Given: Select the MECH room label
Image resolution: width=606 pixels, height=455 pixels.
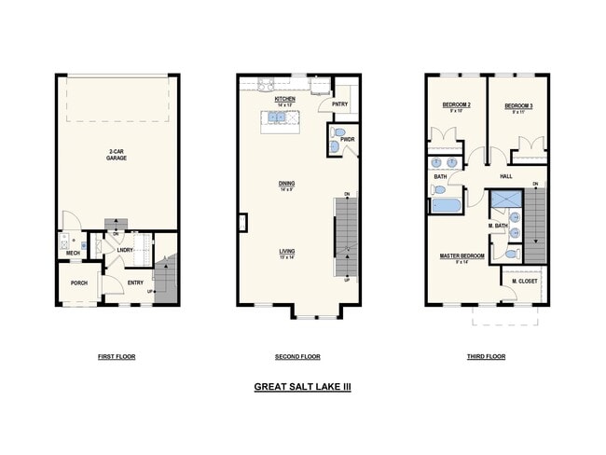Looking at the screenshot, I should point(73,253).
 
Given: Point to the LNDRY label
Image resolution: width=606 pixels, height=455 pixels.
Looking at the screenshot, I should point(125,250).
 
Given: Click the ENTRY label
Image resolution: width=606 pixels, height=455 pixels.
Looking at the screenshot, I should point(135,283).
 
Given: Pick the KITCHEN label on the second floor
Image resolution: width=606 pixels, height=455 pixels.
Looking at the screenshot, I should point(285,98).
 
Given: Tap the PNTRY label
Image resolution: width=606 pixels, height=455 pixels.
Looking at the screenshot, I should point(339,104).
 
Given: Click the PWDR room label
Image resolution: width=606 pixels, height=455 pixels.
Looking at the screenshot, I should point(348,140).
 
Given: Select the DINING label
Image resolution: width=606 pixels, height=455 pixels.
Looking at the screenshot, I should point(286,184).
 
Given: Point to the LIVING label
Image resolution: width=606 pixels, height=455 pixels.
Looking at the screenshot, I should point(286,251).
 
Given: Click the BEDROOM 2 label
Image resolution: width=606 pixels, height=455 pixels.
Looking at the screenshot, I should point(456,105).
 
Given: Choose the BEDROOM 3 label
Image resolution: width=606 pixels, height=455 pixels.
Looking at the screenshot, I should point(518,105).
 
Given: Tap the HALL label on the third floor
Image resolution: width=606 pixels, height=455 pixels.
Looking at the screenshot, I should point(506,175).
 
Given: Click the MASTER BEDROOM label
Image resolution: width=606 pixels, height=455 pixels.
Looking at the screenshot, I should point(461,255).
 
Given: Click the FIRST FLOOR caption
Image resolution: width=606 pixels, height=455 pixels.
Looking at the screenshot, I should point(117,357).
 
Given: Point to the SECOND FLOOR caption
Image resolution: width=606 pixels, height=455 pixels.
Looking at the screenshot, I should point(297,357).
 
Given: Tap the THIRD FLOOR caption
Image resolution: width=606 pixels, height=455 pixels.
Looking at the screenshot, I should point(486,357).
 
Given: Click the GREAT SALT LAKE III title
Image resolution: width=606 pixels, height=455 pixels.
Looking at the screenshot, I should point(302,386).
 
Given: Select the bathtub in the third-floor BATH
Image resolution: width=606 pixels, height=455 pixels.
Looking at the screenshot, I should point(447,204).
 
